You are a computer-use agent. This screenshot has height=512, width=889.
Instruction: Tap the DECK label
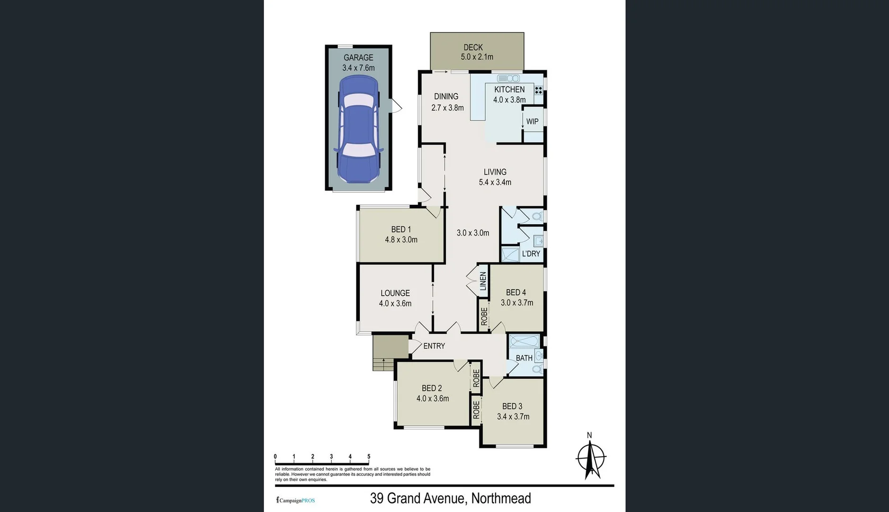tap(473, 47)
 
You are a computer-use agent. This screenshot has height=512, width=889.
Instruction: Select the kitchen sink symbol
tap(508, 78)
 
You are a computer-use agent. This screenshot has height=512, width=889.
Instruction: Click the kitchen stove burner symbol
tap(538, 90)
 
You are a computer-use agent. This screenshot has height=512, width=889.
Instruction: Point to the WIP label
tap(532, 121)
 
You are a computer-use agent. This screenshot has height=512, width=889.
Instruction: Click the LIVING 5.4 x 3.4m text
tap(495, 177)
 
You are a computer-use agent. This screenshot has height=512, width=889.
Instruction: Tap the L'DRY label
tap(531, 254)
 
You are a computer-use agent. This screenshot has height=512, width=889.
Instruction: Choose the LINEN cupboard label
tap(483, 281)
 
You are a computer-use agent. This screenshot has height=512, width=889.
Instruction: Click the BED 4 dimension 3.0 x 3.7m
tap(517, 302)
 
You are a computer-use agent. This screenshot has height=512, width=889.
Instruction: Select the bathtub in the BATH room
tap(524, 341)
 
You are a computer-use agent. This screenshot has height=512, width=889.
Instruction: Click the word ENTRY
tap(434, 346)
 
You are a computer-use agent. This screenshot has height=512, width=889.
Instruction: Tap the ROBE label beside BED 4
tap(484, 316)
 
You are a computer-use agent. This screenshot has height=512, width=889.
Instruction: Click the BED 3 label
tap(512, 406)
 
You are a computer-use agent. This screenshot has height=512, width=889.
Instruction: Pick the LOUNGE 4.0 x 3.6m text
tap(395, 298)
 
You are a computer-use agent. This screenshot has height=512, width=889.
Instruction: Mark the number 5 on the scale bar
tap(369, 457)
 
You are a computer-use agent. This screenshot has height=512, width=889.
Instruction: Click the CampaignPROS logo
tap(296, 500)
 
